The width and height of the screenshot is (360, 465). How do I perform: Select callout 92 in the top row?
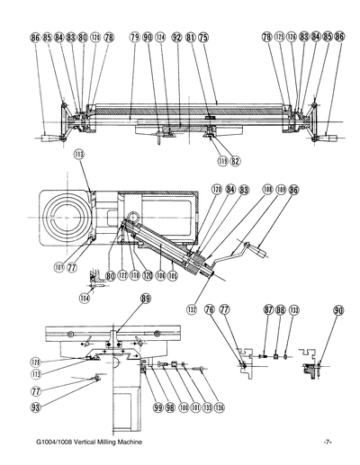point(176,38)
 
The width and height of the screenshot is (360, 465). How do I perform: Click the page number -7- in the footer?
point(328,443)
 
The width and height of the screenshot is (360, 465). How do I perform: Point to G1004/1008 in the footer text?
point(52,443)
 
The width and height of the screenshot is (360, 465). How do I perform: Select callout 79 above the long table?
point(134,38)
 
